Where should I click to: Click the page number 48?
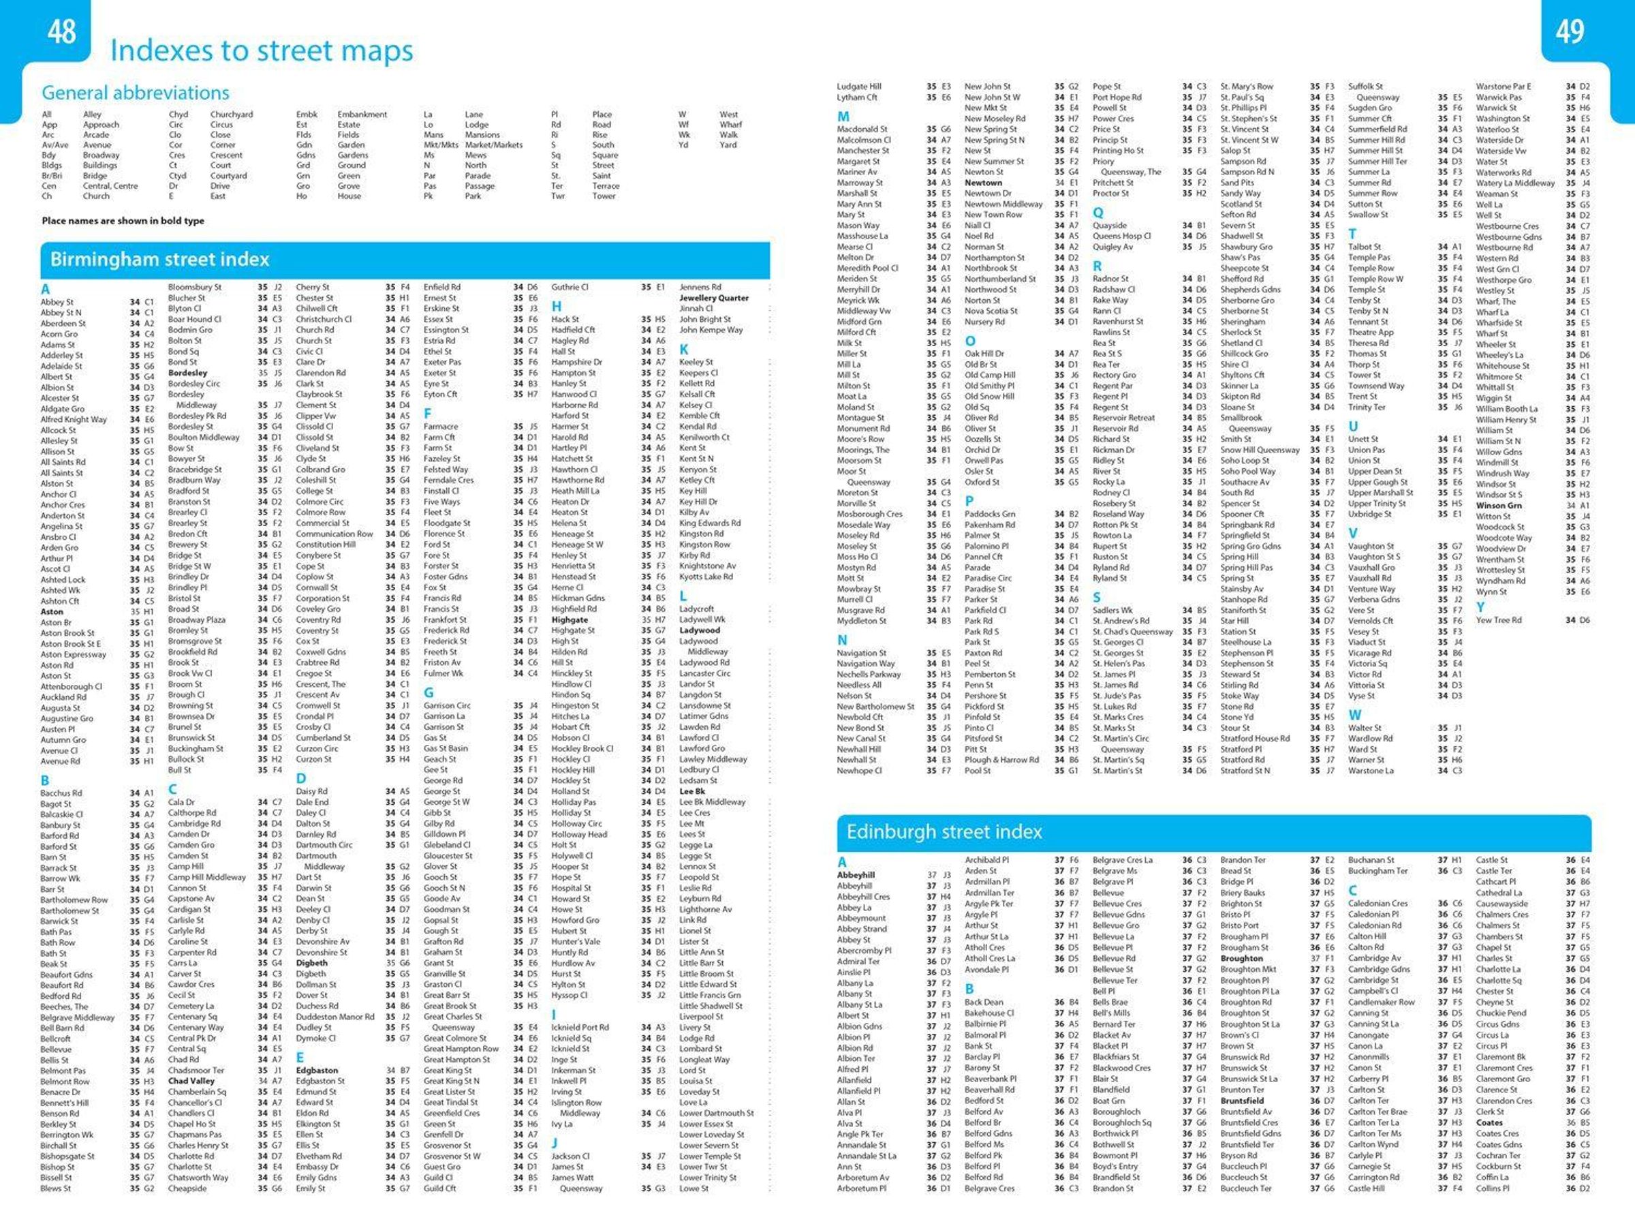(61, 32)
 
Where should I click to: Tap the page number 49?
(1570, 32)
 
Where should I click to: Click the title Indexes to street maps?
(261, 51)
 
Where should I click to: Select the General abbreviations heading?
(136, 93)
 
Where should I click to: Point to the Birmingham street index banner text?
(159, 260)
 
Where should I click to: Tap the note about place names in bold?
(123, 221)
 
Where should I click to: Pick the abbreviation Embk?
(307, 114)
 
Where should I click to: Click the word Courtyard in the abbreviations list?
(228, 176)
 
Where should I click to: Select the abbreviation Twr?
(557, 197)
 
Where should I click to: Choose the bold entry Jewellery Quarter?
(713, 298)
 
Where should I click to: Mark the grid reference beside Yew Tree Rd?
(1577, 620)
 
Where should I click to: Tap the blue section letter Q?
(1098, 212)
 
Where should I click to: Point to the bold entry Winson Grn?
(1498, 506)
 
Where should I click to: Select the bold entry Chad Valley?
(191, 1081)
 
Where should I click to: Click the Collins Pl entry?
(1493, 1189)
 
